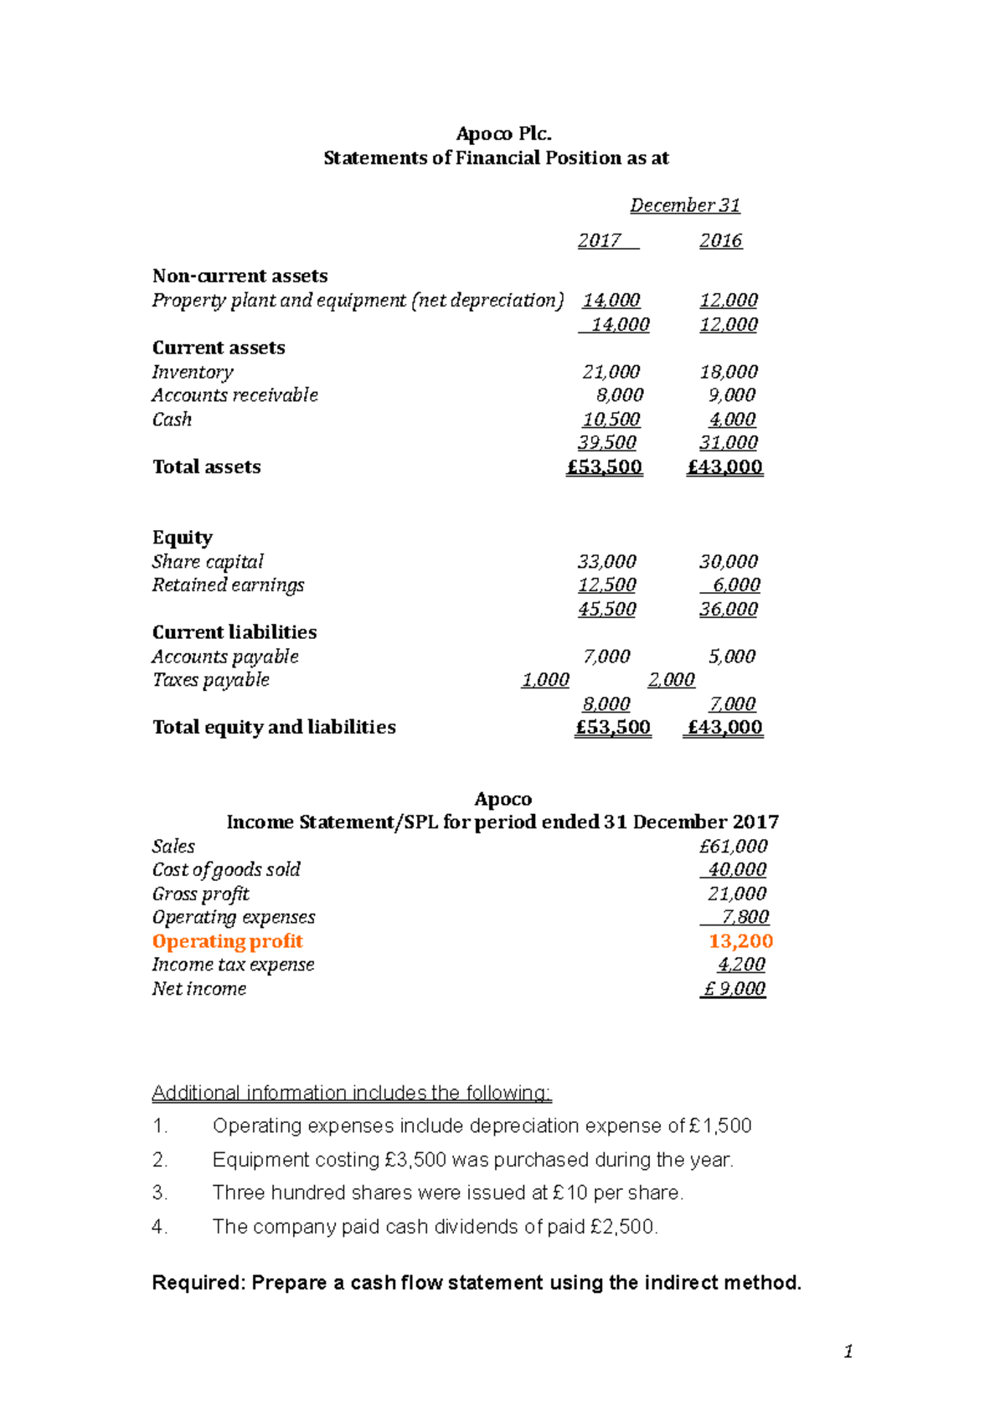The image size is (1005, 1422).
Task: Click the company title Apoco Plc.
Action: click(x=503, y=134)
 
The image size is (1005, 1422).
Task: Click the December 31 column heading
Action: click(x=684, y=205)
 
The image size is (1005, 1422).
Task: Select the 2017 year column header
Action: click(x=600, y=241)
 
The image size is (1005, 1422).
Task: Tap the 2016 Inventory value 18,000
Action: click(x=728, y=372)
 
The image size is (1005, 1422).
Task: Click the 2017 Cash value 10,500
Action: click(x=611, y=420)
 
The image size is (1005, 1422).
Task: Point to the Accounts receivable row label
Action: click(x=234, y=395)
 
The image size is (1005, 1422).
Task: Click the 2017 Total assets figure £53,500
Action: click(x=604, y=467)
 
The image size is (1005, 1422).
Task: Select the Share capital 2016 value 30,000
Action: click(x=728, y=562)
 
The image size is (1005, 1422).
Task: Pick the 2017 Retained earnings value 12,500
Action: click(x=606, y=585)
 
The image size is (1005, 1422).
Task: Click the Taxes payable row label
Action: click(x=210, y=680)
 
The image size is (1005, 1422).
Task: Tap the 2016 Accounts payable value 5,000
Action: click(x=731, y=657)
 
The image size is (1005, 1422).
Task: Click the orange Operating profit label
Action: click(x=227, y=941)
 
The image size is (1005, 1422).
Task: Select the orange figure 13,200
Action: click(x=740, y=941)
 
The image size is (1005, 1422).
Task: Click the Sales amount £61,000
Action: click(x=733, y=847)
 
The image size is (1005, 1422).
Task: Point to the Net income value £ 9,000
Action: click(x=734, y=989)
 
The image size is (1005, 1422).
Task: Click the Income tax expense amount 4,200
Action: click(x=741, y=965)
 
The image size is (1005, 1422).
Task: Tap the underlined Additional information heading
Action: click(x=351, y=1093)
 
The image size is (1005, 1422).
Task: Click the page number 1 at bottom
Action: click(x=848, y=1352)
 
